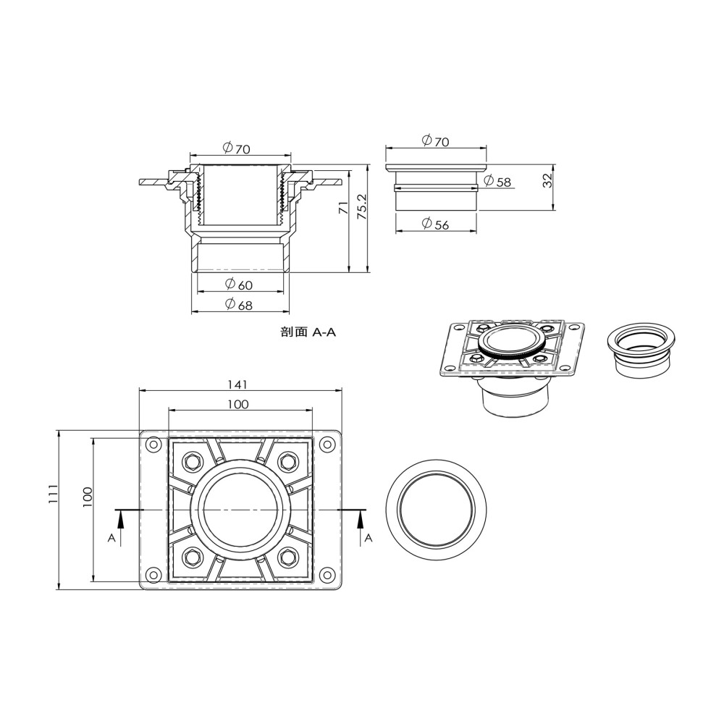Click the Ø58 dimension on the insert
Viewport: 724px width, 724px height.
[499, 181]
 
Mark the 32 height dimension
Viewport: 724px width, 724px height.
[547, 177]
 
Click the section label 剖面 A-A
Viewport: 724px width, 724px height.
[309, 333]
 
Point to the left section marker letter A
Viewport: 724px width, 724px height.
[111, 538]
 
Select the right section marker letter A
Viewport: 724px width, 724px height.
[368, 538]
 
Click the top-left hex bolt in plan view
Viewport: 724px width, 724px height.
[193, 460]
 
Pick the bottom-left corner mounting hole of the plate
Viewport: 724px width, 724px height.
[153, 575]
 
